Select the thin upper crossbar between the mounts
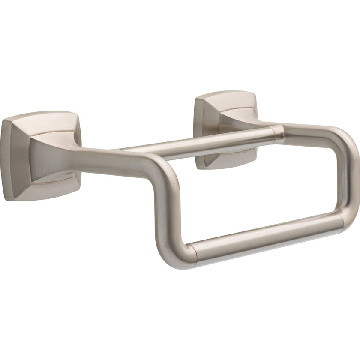197,141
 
